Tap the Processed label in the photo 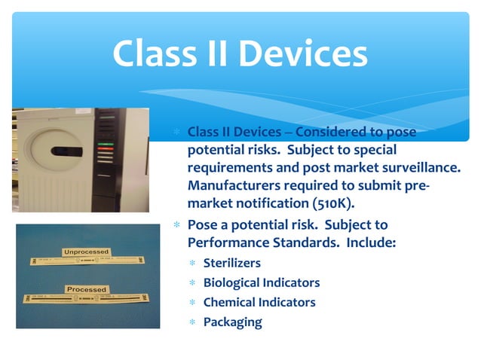click(86, 289)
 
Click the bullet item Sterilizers click(231, 264)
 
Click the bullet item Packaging click(232, 322)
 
